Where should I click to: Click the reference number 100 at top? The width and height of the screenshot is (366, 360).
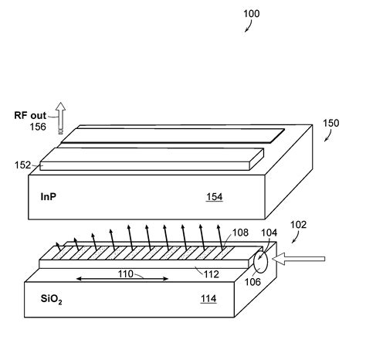[252, 14]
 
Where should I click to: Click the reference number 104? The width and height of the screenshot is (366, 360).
[269, 232]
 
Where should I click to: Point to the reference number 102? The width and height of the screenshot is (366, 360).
[298, 226]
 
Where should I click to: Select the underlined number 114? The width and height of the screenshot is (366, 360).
[208, 299]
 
